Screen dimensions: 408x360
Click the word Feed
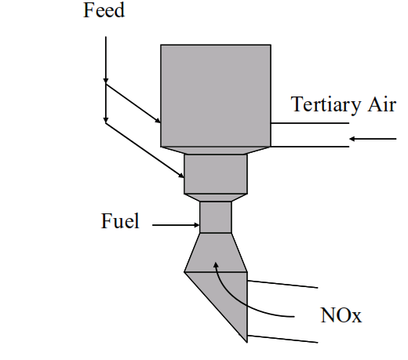pyautogui.click(x=104, y=10)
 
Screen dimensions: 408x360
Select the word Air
pyautogui.click(x=382, y=104)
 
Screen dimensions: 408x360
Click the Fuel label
pyautogui.click(x=120, y=221)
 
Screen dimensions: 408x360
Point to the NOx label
pyautogui.click(x=341, y=315)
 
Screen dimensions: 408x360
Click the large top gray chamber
pyautogui.click(x=216, y=96)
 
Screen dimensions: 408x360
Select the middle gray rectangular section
pyautogui.click(x=216, y=174)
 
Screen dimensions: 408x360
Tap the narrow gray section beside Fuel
pyautogui.click(x=216, y=217)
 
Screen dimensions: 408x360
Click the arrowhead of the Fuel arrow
pyautogui.click(x=196, y=225)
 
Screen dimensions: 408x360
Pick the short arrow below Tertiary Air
pyautogui.click(x=373, y=139)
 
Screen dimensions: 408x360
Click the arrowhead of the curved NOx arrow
pyautogui.click(x=216, y=265)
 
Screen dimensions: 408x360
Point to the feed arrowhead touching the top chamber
pyautogui.click(x=158, y=121)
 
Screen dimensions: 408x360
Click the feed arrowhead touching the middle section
pyautogui.click(x=181, y=176)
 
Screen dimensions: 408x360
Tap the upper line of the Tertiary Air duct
pyautogui.click(x=310, y=123)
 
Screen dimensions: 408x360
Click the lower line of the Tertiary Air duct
pyautogui.click(x=310, y=147)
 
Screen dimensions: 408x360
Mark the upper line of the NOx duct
pyautogui.click(x=282, y=285)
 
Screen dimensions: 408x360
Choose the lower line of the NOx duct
pyautogui.click(x=282, y=339)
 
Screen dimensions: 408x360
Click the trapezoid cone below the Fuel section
pyautogui.click(x=216, y=253)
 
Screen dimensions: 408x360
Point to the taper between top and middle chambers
pyautogui.click(x=216, y=151)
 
